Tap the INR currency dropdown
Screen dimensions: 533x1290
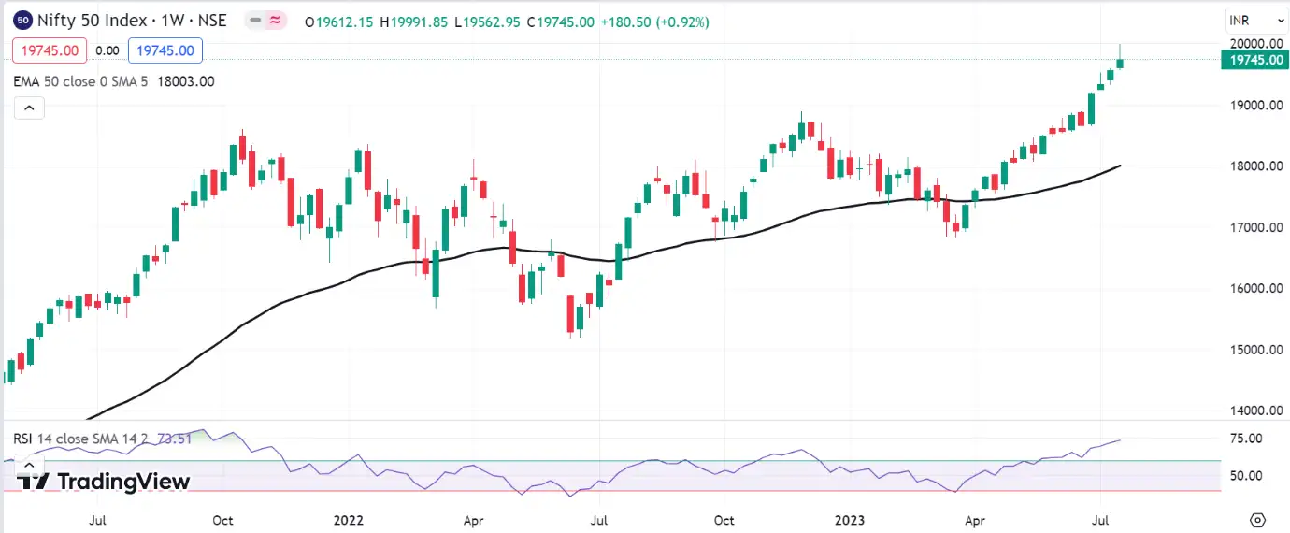click(x=1255, y=21)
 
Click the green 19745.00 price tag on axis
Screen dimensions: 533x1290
click(x=1254, y=60)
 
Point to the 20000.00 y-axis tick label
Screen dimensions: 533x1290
click(x=1256, y=43)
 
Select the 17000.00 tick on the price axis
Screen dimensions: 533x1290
click(x=1256, y=227)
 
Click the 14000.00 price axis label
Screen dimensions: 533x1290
click(x=1256, y=411)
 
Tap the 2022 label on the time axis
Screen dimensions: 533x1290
click(x=349, y=519)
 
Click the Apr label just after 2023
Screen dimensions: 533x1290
click(x=975, y=519)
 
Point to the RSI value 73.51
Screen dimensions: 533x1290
click(x=176, y=439)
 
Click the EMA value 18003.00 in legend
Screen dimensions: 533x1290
click(x=187, y=81)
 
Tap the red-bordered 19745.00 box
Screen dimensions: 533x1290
click(x=50, y=51)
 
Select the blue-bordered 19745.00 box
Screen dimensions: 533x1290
click(x=165, y=51)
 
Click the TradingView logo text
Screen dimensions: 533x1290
click(x=122, y=482)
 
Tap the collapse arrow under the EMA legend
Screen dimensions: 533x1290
click(x=29, y=108)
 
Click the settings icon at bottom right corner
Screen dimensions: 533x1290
click(x=1257, y=519)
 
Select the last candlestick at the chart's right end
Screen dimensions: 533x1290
click(x=1120, y=63)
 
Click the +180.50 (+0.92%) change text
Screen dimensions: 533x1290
click(x=653, y=22)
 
